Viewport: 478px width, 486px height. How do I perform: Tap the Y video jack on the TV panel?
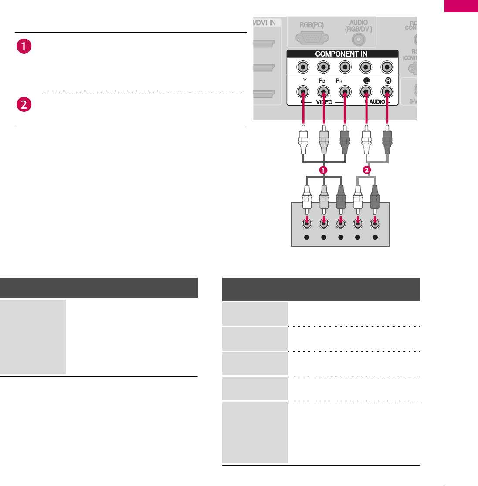(x=303, y=92)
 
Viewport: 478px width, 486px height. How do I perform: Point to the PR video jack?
(x=345, y=92)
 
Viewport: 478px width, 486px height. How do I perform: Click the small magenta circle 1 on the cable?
(x=323, y=171)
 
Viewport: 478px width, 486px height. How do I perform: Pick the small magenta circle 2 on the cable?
(x=367, y=171)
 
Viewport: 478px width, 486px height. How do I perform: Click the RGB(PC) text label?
(x=311, y=24)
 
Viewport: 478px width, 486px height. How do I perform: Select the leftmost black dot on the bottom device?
(x=307, y=238)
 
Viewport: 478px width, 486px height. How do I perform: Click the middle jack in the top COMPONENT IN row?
(x=345, y=67)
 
